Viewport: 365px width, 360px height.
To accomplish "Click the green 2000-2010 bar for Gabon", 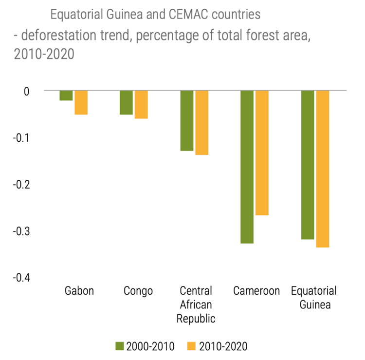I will pos(66,95).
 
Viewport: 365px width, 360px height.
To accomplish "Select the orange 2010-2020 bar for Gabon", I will pos(81,102).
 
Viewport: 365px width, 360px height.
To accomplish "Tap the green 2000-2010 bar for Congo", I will pos(127,102).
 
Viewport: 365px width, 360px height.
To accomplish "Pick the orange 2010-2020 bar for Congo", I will pos(141,105).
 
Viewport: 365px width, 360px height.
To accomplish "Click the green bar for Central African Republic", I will pos(187,120).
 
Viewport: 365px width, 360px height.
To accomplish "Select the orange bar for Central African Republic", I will pos(202,123).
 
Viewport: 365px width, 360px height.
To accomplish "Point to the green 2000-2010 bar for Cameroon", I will pos(247,167).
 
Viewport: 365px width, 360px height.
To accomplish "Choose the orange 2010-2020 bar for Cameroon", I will pos(262,152).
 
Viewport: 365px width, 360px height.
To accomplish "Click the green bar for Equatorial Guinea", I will pos(308,165).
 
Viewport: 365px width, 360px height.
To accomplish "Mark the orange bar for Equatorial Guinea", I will pos(322,169).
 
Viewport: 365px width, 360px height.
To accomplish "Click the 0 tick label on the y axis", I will pos(26,91).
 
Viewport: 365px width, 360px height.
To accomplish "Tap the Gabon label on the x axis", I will pos(79,291).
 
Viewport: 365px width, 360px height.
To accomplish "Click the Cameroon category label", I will pos(256,291).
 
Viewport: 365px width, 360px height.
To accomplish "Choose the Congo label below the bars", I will pos(138,291).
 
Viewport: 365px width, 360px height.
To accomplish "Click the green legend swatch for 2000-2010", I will pos(120,347).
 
